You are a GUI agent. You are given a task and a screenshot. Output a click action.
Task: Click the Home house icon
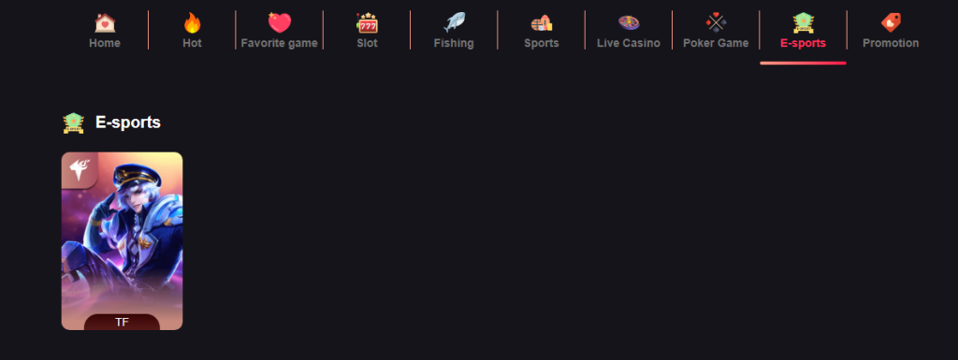click(x=105, y=23)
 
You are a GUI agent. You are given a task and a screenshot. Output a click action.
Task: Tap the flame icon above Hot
click(x=192, y=23)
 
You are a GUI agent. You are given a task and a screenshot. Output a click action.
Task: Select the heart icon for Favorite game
click(x=279, y=23)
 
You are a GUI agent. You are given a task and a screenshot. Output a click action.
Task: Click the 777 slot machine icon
click(x=367, y=23)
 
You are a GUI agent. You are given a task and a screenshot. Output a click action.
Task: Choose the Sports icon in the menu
click(x=541, y=23)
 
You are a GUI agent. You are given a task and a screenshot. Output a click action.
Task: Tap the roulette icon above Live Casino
click(x=629, y=23)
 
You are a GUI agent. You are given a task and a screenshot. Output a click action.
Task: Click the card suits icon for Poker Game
click(x=716, y=23)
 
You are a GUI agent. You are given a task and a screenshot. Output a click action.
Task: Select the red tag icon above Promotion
click(x=891, y=23)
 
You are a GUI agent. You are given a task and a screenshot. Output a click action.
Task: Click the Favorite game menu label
click(x=279, y=43)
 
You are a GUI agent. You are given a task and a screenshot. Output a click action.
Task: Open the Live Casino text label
click(x=629, y=43)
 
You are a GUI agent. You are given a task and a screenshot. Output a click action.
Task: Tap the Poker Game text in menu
click(x=716, y=43)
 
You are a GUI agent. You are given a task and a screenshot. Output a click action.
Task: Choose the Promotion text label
click(x=891, y=43)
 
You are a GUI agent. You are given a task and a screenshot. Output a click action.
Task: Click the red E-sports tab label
click(x=803, y=43)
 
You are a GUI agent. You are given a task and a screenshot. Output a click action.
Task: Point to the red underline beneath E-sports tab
click(x=803, y=63)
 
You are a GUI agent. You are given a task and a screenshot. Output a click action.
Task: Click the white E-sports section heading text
click(x=128, y=122)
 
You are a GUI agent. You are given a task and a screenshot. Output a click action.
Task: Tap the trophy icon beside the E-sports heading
click(x=73, y=122)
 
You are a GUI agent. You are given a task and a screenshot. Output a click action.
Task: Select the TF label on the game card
click(x=122, y=323)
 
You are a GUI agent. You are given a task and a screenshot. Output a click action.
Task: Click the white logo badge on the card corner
click(x=79, y=169)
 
